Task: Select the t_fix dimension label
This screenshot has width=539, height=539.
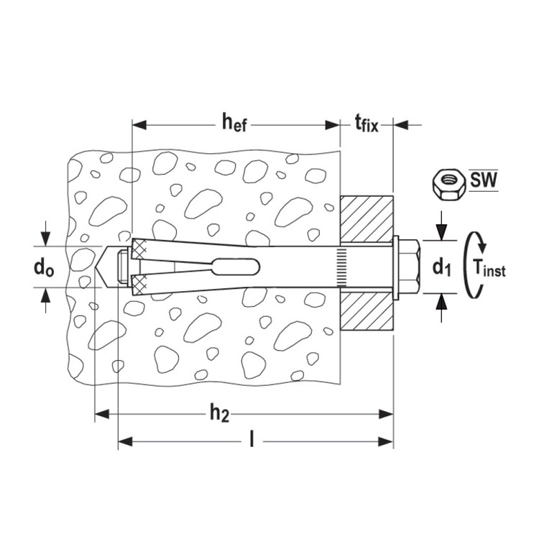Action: click(367, 124)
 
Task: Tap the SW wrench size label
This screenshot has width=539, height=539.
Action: click(484, 180)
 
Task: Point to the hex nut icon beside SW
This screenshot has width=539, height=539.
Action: click(448, 184)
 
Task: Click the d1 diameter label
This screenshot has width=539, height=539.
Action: click(441, 267)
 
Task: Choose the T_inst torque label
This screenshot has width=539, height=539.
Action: click(489, 267)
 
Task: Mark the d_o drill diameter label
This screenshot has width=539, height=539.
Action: click(44, 267)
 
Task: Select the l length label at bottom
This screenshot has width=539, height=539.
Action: click(252, 439)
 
